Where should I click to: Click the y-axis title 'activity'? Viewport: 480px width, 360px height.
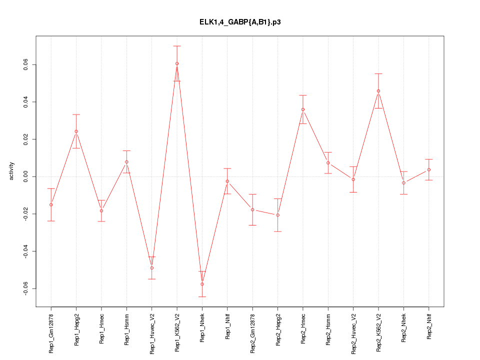click(x=12, y=171)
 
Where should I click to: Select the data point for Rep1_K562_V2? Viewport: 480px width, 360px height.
click(x=177, y=63)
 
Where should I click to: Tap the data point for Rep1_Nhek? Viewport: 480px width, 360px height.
click(x=202, y=284)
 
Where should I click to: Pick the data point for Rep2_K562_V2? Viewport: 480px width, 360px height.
click(x=378, y=91)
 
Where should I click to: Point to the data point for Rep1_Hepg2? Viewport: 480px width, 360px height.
click(x=76, y=131)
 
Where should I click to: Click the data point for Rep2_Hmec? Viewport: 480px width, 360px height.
click(x=303, y=109)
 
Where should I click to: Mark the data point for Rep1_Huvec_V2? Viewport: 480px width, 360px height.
click(x=151, y=268)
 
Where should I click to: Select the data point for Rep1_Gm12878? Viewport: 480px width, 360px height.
click(x=51, y=204)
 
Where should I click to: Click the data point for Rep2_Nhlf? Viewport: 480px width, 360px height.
click(x=429, y=170)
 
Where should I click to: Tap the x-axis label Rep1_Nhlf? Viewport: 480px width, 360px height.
click(x=227, y=327)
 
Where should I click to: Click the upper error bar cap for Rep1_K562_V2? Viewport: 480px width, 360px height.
click(x=177, y=46)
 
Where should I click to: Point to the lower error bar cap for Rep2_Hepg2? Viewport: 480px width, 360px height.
click(x=278, y=231)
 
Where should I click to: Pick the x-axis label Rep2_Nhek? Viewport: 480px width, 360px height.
click(x=404, y=327)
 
